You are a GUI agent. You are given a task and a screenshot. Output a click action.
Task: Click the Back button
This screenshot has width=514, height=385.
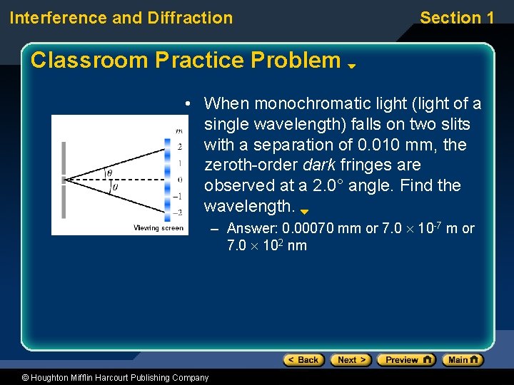pos(303,360)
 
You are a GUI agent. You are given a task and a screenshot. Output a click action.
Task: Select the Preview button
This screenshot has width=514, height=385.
pos(405,360)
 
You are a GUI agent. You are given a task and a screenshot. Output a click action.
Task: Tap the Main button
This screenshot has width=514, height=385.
pos(463,360)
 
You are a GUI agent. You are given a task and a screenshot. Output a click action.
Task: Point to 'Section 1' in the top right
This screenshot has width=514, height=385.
pos(457,18)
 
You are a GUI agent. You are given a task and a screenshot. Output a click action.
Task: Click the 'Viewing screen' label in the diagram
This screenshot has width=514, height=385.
pos(158,228)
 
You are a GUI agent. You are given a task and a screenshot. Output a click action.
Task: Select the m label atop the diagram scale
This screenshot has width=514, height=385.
pos(179,130)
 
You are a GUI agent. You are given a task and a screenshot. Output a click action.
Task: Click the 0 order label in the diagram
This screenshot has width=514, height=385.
pos(180,179)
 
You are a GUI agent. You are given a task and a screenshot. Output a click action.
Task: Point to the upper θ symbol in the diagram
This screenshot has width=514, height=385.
pos(109,172)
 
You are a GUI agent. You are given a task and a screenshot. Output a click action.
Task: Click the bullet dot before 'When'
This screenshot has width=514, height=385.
pos(186,105)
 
